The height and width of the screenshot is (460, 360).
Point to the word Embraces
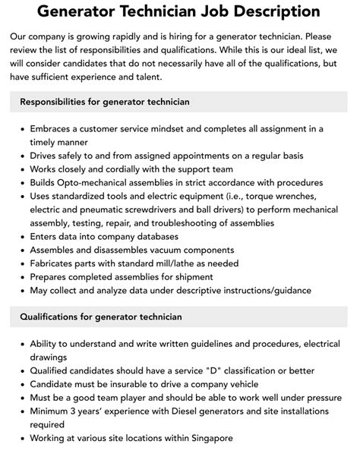(57, 128)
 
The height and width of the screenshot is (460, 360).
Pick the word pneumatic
(93, 210)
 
